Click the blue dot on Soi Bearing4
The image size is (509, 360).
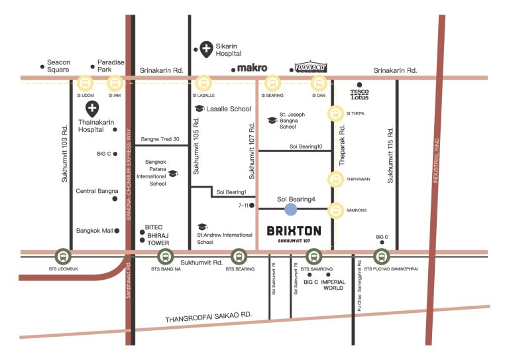point(290,210)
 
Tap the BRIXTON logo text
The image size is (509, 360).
point(294,231)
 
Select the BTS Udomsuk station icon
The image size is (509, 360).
point(63,257)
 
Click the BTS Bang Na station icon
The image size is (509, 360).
point(165,257)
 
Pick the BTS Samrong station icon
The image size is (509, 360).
point(313,257)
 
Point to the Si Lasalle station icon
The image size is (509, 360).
point(203,84)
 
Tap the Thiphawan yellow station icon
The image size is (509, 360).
point(335,179)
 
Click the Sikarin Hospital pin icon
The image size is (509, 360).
point(206,50)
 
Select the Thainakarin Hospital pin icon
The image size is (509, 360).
point(92,109)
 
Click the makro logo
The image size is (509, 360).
point(253,68)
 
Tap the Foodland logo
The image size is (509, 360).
point(311,67)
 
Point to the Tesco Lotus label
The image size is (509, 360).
point(359,94)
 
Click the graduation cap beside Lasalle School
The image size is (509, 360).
point(199,109)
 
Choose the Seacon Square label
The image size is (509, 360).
point(58,66)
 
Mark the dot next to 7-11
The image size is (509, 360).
point(252,206)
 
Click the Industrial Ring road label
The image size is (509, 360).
point(436,160)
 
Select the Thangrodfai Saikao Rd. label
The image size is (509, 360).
point(208,317)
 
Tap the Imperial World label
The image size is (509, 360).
point(333,284)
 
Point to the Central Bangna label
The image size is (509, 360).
point(97,191)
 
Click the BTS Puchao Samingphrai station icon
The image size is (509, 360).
point(382,257)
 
